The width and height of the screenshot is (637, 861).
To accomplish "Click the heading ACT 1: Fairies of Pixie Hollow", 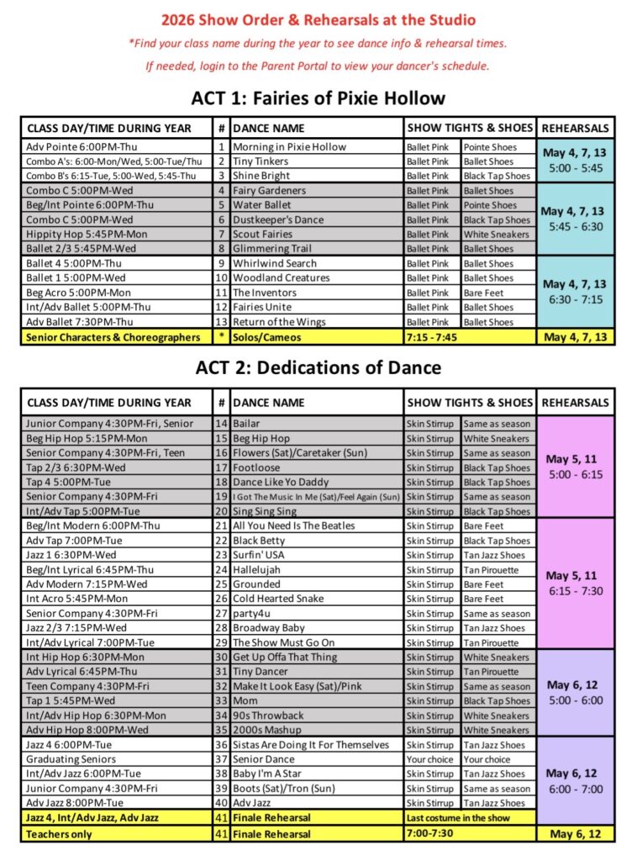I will pos(318,98).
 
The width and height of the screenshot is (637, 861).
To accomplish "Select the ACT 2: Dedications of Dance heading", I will pos(318,367).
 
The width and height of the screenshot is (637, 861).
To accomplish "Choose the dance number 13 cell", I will pos(222,322).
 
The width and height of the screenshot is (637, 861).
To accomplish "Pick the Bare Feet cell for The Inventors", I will pos(484,293).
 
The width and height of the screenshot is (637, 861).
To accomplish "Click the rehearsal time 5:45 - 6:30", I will pos(576,226).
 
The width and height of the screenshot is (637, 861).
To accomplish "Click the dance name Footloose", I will pos(256,467).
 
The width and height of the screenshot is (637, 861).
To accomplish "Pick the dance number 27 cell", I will pos(222,614).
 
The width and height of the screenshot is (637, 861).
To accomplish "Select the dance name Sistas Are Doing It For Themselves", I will pos(311,745).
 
